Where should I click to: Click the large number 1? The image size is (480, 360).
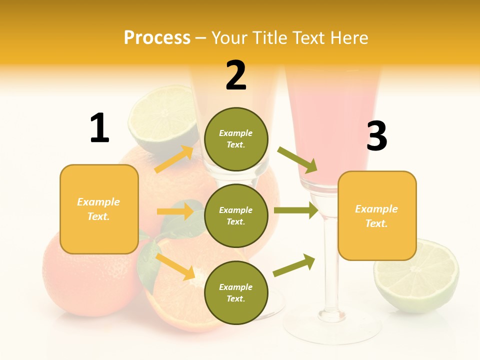pyautogui.click(x=99, y=128)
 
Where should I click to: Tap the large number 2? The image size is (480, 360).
pyautogui.click(x=236, y=76)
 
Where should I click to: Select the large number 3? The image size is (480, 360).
pyautogui.click(x=376, y=136)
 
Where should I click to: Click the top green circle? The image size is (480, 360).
pyautogui.click(x=236, y=139)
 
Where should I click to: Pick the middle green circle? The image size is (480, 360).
pyautogui.click(x=236, y=215)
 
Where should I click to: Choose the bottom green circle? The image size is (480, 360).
pyautogui.click(x=236, y=292)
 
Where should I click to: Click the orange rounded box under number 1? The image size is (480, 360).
pyautogui.click(x=99, y=209)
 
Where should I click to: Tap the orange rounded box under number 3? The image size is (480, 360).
pyautogui.click(x=377, y=215)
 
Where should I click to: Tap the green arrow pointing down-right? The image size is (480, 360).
pyautogui.click(x=298, y=159)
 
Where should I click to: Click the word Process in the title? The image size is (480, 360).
pyautogui.click(x=157, y=37)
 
